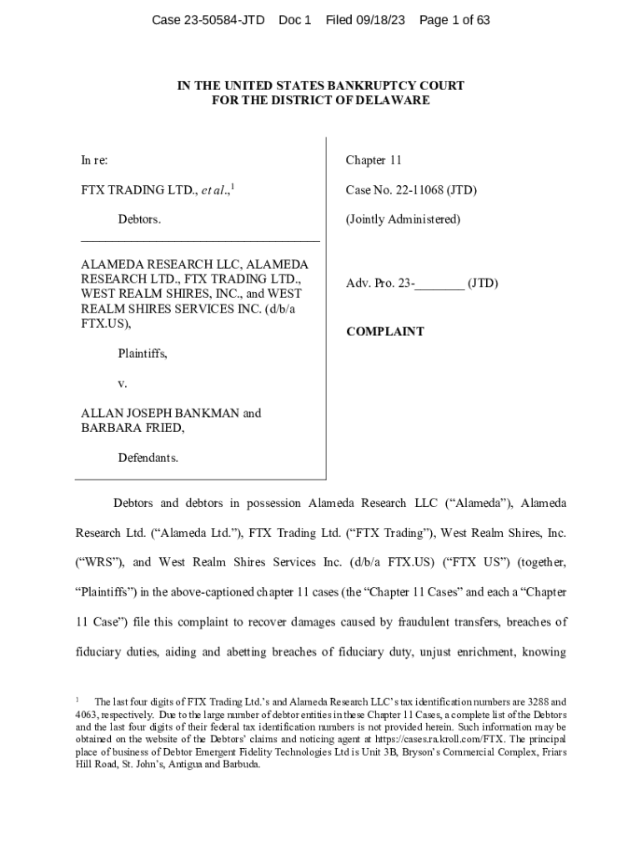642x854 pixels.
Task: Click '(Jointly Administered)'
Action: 403,219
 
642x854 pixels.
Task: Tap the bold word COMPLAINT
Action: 385,332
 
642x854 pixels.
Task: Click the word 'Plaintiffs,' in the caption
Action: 143,354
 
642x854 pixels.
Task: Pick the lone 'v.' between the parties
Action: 123,384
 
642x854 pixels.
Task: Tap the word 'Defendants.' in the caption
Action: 148,458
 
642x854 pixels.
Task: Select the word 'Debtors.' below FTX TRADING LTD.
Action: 139,219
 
